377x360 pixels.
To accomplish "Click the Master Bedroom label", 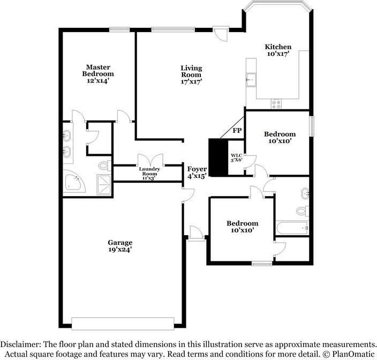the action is click(98, 70).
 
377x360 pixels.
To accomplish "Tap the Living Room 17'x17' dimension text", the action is click(191, 81).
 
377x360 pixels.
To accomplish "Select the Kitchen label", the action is click(278, 47).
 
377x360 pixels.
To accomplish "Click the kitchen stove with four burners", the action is click(276, 104).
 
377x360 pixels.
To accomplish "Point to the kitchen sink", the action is click(251, 80).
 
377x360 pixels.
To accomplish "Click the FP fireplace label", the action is click(237, 131).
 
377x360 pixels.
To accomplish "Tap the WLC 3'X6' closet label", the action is click(236, 157).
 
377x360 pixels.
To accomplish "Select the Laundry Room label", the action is click(149, 171).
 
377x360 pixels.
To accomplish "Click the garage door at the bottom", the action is click(123, 324).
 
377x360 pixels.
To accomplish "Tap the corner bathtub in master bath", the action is click(73, 181).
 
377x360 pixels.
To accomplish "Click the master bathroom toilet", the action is click(105, 166).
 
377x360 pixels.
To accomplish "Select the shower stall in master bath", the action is click(104, 184).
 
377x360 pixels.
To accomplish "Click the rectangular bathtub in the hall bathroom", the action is click(292, 228).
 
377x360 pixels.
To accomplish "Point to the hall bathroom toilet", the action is click(303, 211).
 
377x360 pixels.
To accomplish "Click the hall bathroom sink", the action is click(305, 193).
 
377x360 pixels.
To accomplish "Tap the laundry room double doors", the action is click(150, 160).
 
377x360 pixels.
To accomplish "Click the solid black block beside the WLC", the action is click(218, 157).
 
